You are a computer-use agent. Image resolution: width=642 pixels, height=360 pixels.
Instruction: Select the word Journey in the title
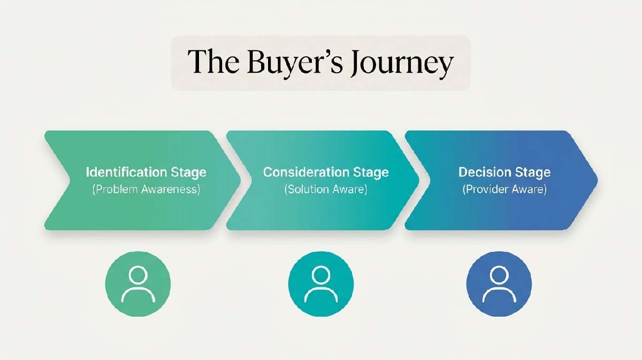coord(404,64)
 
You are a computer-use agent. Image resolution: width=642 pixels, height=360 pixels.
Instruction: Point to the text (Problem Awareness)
coord(146,189)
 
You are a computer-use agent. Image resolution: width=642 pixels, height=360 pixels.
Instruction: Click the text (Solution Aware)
coord(326,189)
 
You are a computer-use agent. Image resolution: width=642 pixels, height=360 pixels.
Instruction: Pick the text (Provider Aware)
coord(504,189)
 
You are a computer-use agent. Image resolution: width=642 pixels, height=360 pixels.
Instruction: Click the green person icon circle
coord(138,284)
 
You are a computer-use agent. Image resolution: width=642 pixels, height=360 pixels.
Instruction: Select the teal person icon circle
coord(320,284)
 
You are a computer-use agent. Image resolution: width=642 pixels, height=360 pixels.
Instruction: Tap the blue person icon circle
coord(499,284)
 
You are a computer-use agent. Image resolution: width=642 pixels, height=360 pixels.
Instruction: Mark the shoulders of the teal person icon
coord(320,295)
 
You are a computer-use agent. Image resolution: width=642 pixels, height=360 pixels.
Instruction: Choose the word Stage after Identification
coord(188,173)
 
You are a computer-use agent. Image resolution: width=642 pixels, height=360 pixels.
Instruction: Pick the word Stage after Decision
coord(532,173)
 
